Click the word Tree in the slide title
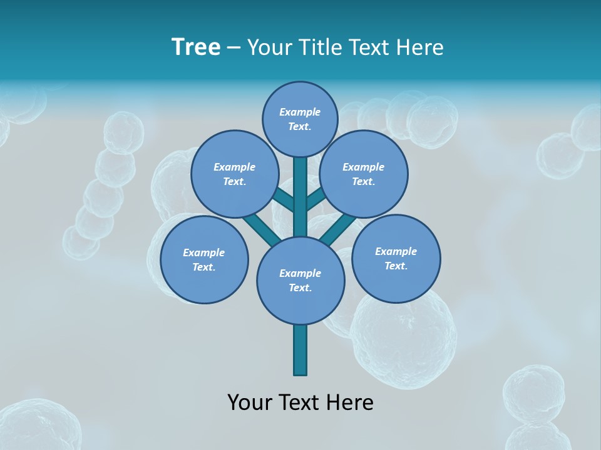pyautogui.click(x=196, y=47)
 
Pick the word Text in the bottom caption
pyautogui.click(x=302, y=402)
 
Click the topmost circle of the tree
pyautogui.click(x=300, y=119)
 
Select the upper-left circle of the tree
pyautogui.click(x=235, y=174)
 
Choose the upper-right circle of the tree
pyautogui.click(x=364, y=174)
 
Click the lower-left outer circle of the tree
pyautogui.click(x=204, y=259)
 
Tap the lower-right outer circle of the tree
pyautogui.click(x=396, y=258)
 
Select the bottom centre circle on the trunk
pyautogui.click(x=300, y=280)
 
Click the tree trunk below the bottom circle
pyautogui.click(x=300, y=350)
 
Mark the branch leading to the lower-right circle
pyautogui.click(x=340, y=229)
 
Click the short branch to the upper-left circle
pyautogui.click(x=284, y=200)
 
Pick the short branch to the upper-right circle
pyautogui.click(x=315, y=199)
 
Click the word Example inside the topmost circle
pyautogui.click(x=300, y=112)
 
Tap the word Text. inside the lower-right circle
pyautogui.click(x=396, y=266)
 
